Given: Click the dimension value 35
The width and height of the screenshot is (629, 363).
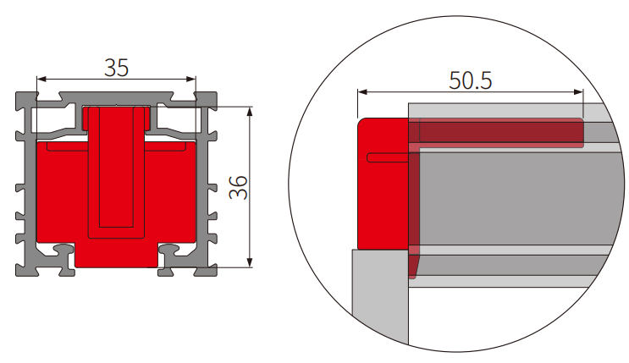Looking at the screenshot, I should coord(116,67).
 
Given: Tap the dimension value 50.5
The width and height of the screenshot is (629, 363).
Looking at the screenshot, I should coord(471,80).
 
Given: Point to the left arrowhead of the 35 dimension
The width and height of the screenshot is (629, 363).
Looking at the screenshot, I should coord(40,81).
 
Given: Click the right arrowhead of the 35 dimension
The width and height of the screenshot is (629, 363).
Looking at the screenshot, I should coord(193,81).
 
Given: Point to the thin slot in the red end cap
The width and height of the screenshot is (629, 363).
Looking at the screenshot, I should coord(389,157).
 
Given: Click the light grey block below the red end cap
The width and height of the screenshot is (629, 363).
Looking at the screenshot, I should coord(379,296).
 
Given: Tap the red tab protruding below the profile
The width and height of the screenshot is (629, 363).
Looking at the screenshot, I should coord(116,255).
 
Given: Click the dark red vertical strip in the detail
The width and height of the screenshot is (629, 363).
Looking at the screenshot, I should coord(413,212).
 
